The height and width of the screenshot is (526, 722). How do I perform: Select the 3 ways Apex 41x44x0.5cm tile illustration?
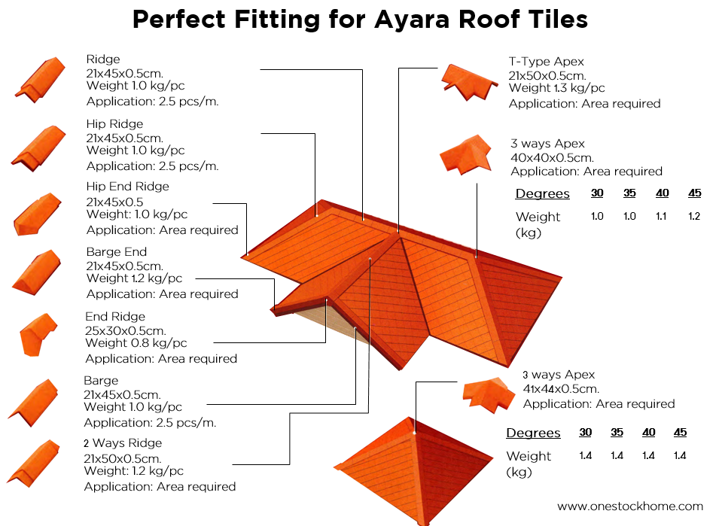tap(489, 391)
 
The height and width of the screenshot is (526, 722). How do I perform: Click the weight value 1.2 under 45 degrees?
tap(694, 217)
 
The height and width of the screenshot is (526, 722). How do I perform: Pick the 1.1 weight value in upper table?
tap(663, 217)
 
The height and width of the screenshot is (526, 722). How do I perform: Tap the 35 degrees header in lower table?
tap(617, 433)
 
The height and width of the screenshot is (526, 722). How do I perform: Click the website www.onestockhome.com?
tap(629, 506)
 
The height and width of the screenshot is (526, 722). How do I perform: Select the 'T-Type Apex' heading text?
tap(546, 62)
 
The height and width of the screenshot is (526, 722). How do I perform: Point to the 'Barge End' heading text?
tap(117, 252)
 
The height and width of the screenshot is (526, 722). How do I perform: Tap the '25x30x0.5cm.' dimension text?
tap(126, 330)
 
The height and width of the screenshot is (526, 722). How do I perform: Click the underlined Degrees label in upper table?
tap(542, 194)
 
